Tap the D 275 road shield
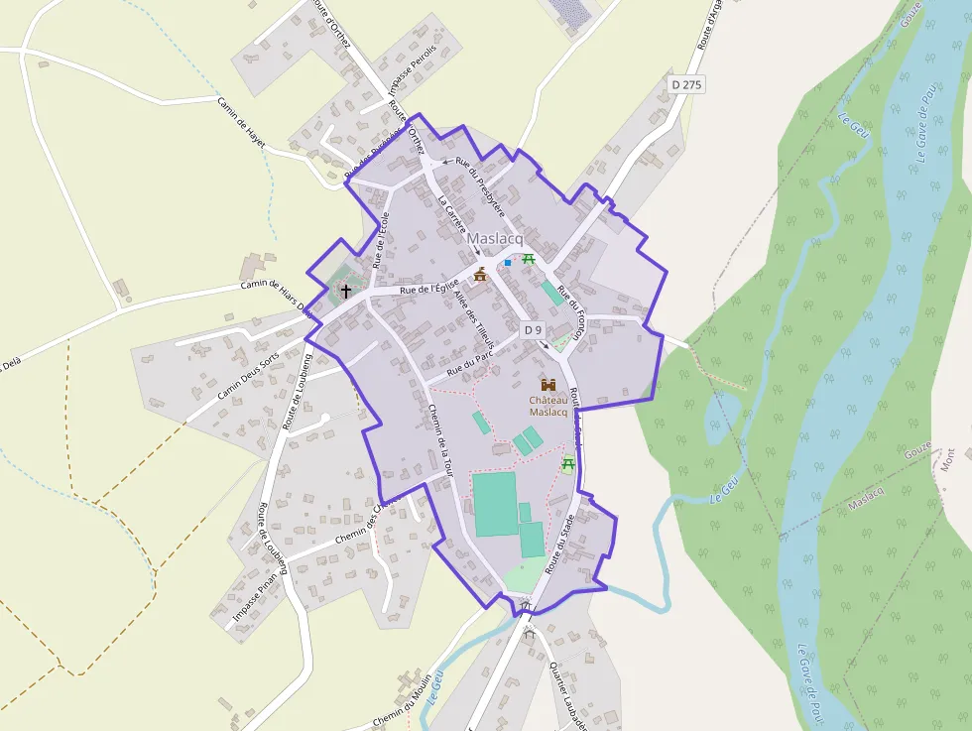coord(686,85)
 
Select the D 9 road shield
coord(533,329)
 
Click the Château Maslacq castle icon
coord(547,384)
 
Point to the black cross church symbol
coord(345,291)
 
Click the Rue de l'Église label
coord(427,289)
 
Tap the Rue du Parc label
coord(469,367)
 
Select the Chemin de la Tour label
coord(442,442)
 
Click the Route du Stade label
coord(559,543)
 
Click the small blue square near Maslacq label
coord(508,263)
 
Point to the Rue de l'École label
coord(381,240)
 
